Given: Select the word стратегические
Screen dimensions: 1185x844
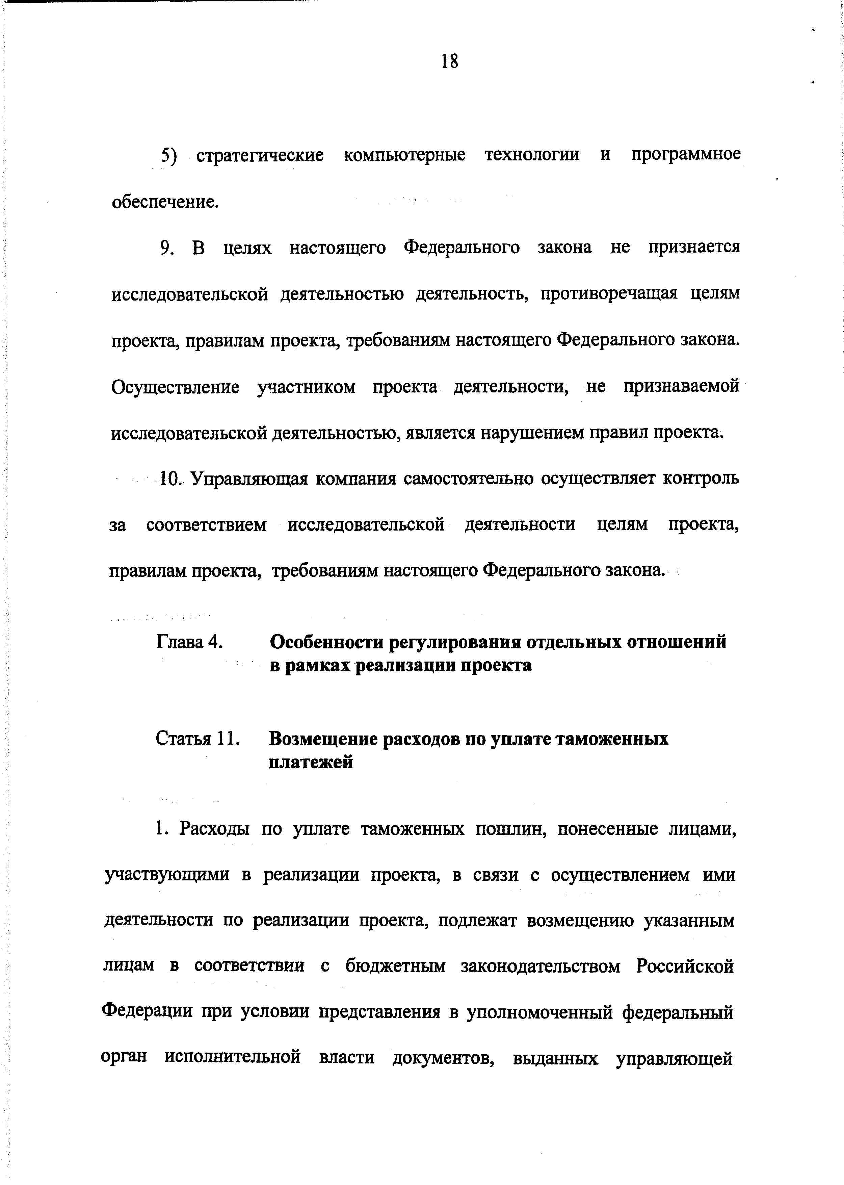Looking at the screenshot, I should click(x=260, y=155).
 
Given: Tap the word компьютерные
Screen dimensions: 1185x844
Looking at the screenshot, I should click(x=404, y=155).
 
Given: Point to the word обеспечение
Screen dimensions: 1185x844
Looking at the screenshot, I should click(x=165, y=202).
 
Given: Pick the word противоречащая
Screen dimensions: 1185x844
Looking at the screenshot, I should click(x=609, y=294).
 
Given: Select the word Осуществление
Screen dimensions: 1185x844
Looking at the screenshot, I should click(x=176, y=387).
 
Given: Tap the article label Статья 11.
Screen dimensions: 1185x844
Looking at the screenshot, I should click(x=197, y=739).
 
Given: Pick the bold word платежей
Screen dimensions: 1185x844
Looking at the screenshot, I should click(x=311, y=762).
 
